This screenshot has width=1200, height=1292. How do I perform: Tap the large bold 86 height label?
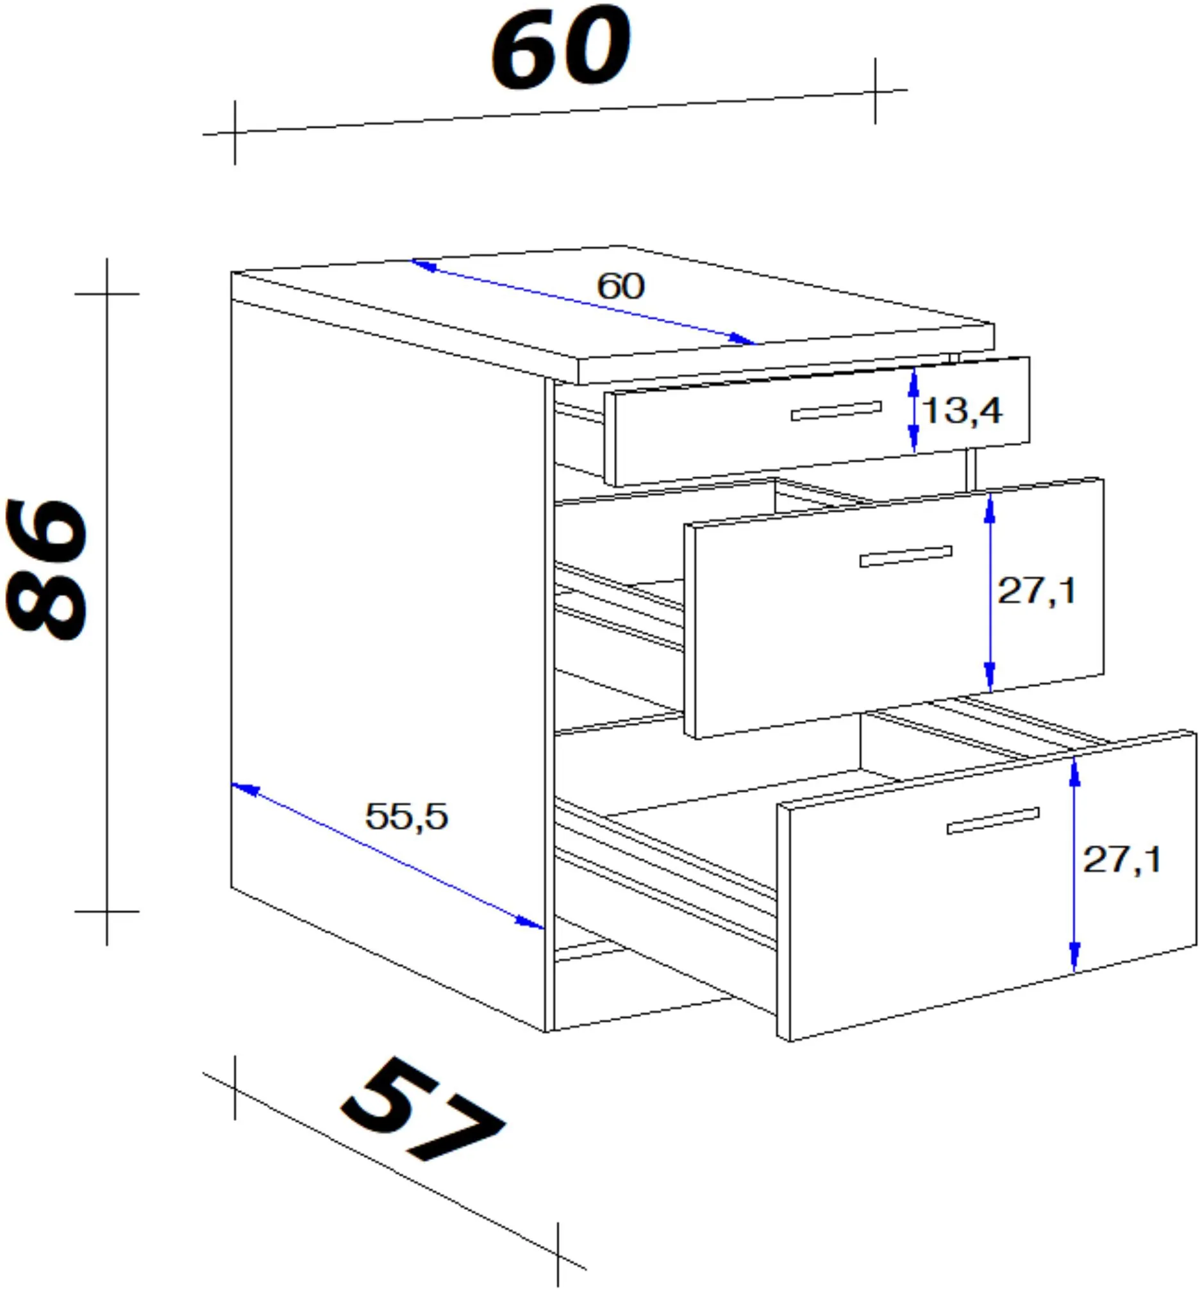47,569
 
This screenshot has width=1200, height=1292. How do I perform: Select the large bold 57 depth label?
422,1111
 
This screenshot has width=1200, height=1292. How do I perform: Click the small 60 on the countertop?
621,286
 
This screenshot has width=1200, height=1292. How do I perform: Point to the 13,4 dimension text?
962,411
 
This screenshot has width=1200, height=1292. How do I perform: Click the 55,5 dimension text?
406,816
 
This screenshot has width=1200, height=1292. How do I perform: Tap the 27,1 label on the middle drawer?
1037,591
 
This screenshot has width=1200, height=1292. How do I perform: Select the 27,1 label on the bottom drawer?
1121,859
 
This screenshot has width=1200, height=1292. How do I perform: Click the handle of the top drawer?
837,411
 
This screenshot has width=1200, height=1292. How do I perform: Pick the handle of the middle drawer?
906,556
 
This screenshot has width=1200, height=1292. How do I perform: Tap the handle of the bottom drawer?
993,821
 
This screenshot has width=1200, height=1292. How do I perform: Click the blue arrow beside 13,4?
913,410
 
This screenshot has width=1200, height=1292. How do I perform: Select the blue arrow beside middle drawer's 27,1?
990,592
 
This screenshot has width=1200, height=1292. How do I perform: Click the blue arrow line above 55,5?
388,856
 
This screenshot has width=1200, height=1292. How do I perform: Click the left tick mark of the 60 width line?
235,133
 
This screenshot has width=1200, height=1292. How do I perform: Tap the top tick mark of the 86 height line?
107,294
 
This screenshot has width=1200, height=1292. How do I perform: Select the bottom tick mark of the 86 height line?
107,911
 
